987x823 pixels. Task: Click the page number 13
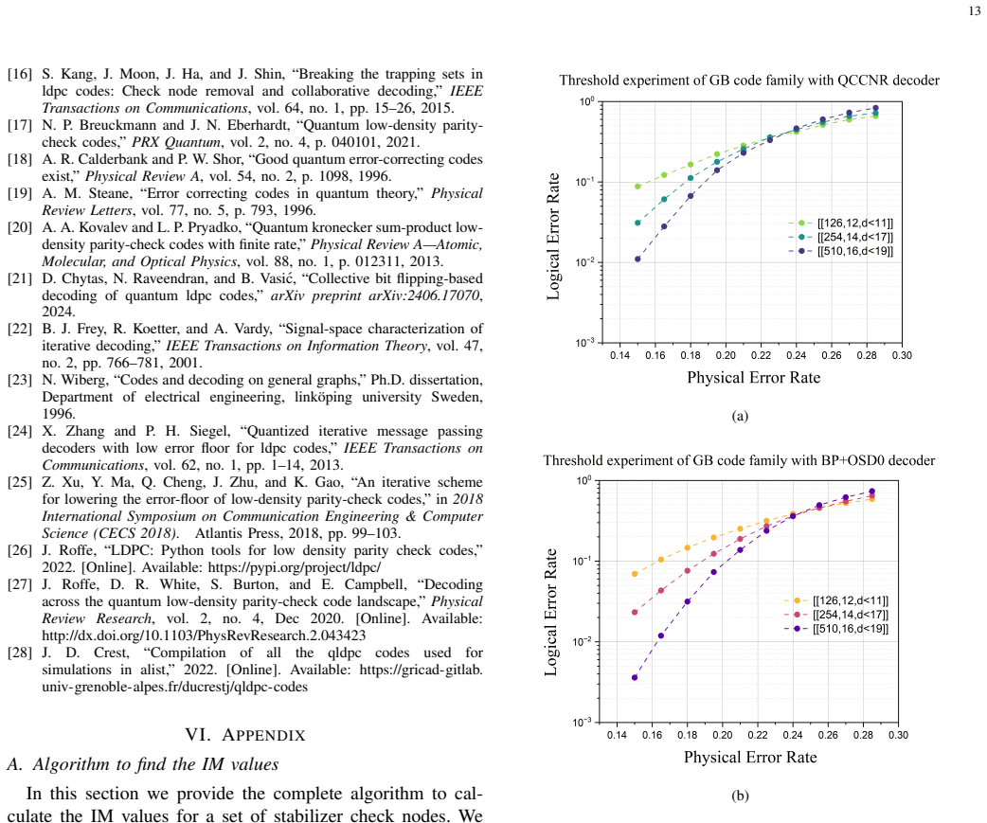click(x=975, y=11)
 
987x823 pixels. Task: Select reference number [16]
click(x=20, y=74)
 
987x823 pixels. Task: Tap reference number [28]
click(x=20, y=653)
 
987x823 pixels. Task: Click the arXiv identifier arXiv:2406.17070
click(x=424, y=295)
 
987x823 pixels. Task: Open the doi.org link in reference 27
click(x=204, y=635)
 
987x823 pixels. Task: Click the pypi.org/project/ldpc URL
click(x=295, y=567)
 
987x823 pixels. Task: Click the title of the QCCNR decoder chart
click(x=749, y=80)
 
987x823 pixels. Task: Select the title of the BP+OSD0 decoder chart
click(x=739, y=460)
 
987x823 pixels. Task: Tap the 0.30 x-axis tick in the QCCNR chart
click(x=902, y=355)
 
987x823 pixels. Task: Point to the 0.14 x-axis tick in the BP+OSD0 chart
click(x=617, y=735)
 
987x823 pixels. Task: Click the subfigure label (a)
click(x=741, y=416)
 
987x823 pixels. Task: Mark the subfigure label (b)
click(x=741, y=796)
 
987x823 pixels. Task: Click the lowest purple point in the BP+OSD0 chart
click(x=635, y=678)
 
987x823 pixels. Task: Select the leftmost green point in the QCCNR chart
click(x=637, y=187)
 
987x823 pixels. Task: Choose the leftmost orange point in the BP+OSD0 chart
click(x=635, y=574)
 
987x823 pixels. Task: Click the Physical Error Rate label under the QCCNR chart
click(x=753, y=378)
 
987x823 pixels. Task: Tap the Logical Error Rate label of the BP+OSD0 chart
click(x=550, y=612)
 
